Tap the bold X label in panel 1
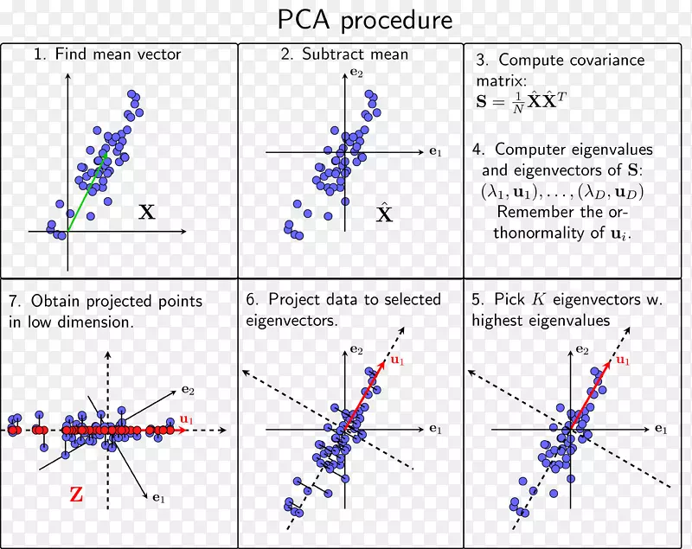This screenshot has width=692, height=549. pos(147,212)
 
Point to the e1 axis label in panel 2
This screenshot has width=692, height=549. pos(435,152)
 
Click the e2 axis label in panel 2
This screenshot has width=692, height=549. pos(356,73)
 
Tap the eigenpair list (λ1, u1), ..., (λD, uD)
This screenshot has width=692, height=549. pos(562,192)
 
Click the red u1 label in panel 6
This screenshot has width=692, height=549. pos(398,360)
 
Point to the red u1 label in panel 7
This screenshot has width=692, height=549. pos(187,419)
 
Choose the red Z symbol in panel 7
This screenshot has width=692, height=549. pos(77,495)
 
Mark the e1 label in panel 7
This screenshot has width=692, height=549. pos(159,497)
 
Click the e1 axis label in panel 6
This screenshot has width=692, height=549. pos(435,429)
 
